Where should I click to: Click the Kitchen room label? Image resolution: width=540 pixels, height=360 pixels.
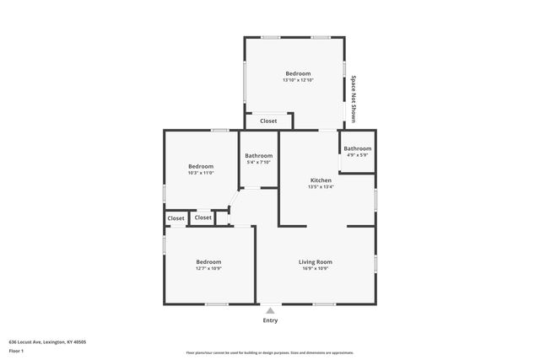tap(321, 180)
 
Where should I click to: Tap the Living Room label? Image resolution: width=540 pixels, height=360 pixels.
tap(316, 262)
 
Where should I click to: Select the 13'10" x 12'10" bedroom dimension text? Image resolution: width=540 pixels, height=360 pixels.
tap(298, 80)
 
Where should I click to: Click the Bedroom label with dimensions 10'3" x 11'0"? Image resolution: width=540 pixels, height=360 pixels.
tap(201, 166)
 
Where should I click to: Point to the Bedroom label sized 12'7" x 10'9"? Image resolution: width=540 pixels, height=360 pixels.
tap(208, 262)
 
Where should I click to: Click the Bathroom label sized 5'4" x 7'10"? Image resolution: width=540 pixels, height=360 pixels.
tap(258, 155)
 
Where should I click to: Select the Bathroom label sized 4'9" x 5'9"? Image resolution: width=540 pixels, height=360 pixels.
tap(357, 148)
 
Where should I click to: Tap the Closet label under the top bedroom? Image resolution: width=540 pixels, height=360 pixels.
tap(268, 121)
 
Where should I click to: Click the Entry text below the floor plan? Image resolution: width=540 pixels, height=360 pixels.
tap(270, 320)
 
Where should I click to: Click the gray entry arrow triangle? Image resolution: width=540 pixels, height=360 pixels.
tap(270, 310)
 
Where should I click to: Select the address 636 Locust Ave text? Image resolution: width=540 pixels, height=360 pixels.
tap(47, 342)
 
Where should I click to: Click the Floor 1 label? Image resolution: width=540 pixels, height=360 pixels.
tap(16, 350)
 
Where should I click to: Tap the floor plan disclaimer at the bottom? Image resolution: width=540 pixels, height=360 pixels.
tap(269, 352)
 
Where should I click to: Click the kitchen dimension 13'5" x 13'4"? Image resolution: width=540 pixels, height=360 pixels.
tap(321, 187)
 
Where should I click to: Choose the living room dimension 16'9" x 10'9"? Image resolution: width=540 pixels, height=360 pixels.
tap(316, 269)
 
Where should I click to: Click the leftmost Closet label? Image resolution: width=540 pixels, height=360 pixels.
tap(175, 218)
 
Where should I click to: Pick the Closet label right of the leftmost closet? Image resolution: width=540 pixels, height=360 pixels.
tap(203, 218)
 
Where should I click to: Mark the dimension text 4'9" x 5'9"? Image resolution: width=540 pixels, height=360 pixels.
tap(357, 155)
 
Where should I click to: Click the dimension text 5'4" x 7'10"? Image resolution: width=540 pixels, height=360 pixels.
tap(258, 162)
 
